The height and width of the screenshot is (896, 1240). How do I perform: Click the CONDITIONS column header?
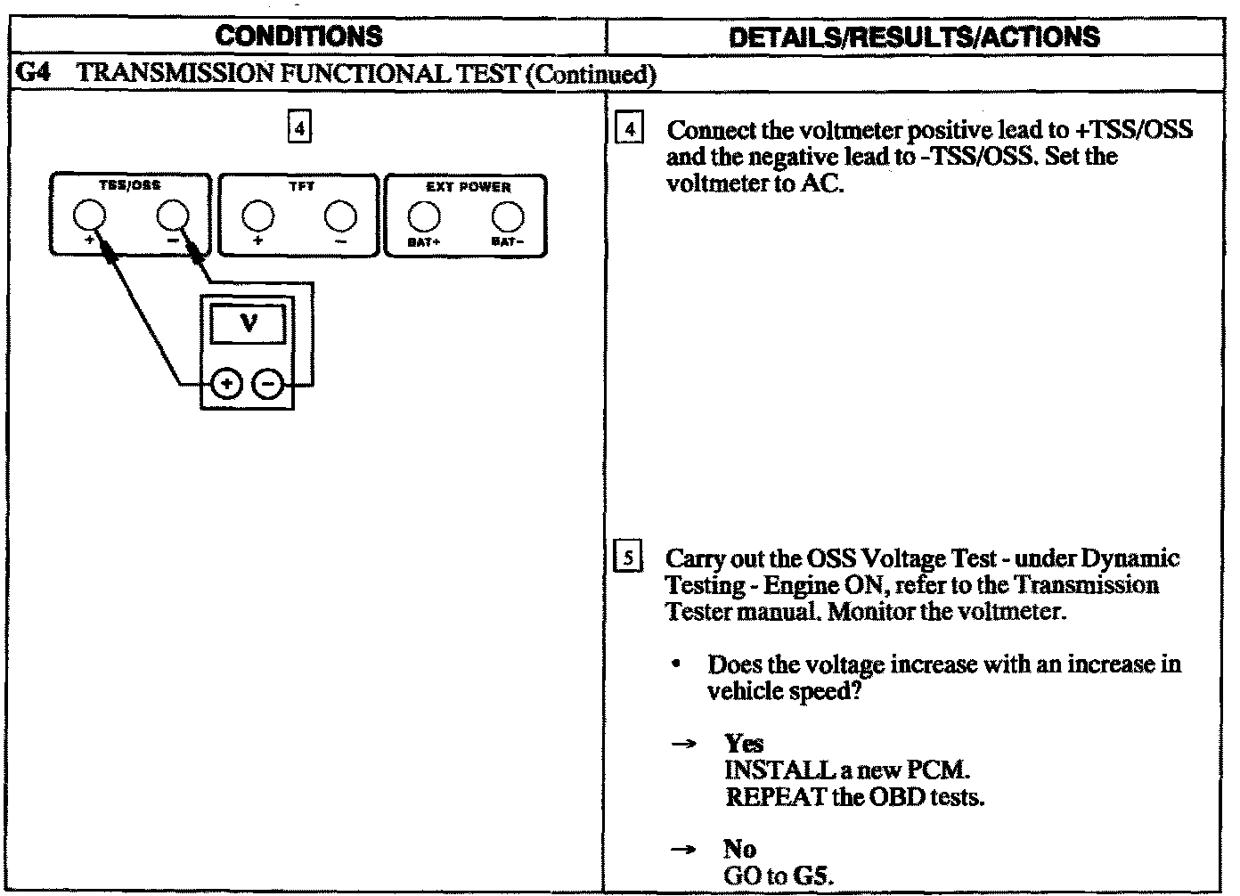click(x=299, y=37)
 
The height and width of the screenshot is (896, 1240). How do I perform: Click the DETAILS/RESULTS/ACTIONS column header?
click(x=914, y=37)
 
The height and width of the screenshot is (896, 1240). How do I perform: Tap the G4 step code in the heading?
click(x=32, y=73)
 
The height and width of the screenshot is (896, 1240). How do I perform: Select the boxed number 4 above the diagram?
click(x=299, y=129)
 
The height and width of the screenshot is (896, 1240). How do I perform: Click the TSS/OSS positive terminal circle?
click(x=89, y=216)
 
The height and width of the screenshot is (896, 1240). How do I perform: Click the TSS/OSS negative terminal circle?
click(x=172, y=216)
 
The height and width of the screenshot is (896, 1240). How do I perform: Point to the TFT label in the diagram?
click(x=301, y=187)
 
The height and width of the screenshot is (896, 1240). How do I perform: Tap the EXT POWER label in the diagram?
click(x=467, y=187)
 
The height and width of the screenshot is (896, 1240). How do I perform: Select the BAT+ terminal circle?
click(x=423, y=216)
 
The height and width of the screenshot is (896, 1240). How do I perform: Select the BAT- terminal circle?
click(x=507, y=216)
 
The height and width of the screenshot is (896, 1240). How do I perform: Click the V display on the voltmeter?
click(x=249, y=323)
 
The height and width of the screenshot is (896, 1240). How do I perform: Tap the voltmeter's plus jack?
click(x=226, y=385)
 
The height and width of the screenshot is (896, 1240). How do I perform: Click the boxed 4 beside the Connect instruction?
click(x=630, y=130)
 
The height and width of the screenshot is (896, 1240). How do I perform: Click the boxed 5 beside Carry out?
click(x=629, y=559)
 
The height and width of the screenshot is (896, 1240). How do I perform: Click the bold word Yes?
click(x=744, y=744)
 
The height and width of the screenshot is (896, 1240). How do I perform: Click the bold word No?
click(x=740, y=849)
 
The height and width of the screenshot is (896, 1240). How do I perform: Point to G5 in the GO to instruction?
click(x=812, y=876)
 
